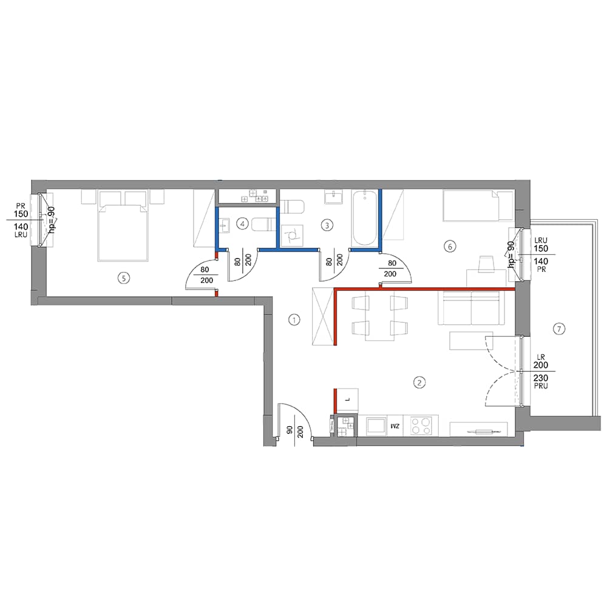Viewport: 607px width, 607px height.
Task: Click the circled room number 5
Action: (x=123, y=277)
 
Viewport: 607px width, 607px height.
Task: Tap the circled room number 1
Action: (x=294, y=320)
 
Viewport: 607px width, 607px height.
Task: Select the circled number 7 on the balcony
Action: (x=558, y=329)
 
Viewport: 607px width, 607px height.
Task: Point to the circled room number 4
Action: (x=242, y=223)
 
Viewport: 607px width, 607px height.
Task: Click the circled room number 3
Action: (x=327, y=225)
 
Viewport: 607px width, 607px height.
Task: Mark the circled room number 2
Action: (x=419, y=382)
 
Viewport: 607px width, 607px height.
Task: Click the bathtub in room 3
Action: (x=364, y=218)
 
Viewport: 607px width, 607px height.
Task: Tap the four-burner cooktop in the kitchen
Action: (x=421, y=426)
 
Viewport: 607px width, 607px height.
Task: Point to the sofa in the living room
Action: (x=471, y=308)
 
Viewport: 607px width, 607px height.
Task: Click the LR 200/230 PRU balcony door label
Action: (x=540, y=371)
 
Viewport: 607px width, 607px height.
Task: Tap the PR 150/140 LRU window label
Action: (x=21, y=220)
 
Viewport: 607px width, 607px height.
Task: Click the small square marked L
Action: (x=347, y=401)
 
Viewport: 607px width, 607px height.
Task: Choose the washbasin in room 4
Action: (x=224, y=225)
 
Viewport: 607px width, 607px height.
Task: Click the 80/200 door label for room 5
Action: (x=205, y=275)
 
